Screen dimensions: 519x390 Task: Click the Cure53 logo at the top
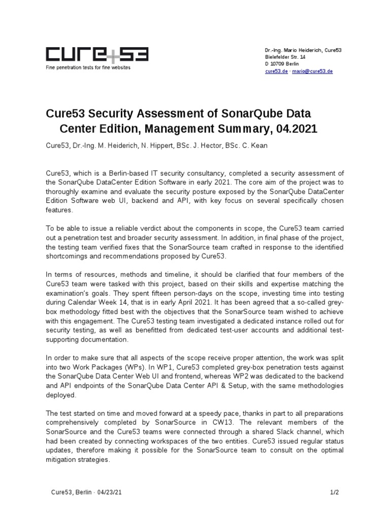tap(96, 55)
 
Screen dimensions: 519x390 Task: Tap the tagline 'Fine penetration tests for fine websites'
tap(88, 67)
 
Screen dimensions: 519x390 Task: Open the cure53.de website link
tap(275, 71)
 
